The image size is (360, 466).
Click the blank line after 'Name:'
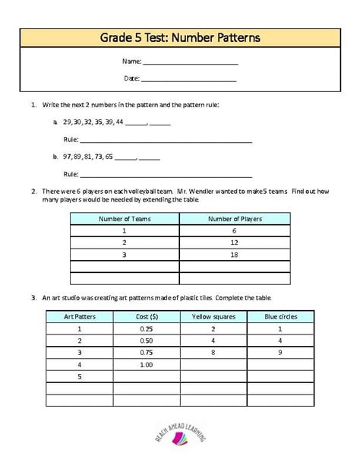tap(190, 62)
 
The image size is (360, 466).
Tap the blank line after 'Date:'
tap(188, 79)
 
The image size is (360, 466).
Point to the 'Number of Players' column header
tap(235, 219)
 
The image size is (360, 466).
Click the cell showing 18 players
tap(235, 255)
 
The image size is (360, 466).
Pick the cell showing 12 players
tap(235, 243)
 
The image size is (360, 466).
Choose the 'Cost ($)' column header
tap(147, 315)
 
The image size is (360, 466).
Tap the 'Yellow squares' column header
tap(213, 315)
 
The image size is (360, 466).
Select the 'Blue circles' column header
tap(280, 315)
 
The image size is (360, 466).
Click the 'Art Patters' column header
tap(79, 315)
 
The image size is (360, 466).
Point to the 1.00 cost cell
tap(147, 364)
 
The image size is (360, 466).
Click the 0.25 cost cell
tap(147, 328)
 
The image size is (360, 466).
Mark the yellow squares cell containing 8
tap(213, 352)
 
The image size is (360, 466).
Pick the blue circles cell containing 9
tap(280, 352)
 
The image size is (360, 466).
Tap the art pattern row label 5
tap(79, 376)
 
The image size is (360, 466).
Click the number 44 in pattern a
tap(118, 122)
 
